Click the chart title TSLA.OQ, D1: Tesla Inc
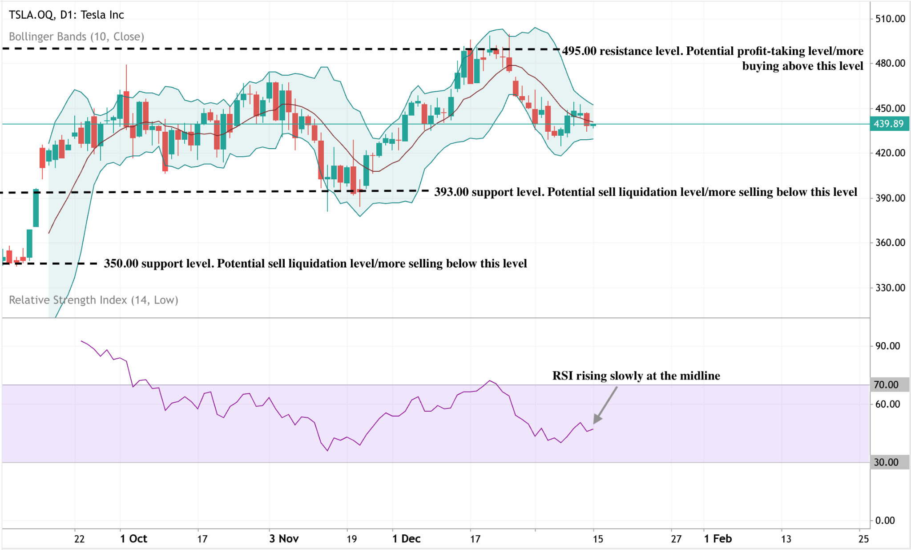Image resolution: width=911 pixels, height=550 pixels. pos(66,15)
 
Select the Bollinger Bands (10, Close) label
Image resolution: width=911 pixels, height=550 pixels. pos(77,36)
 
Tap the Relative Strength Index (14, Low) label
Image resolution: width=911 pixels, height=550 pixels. pos(93,300)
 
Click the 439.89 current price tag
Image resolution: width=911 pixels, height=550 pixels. pos(889,124)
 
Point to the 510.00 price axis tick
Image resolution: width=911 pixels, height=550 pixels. pos(890,19)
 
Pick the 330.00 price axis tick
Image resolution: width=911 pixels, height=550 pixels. pos(890,287)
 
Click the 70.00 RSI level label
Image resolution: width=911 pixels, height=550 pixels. pos(886,384)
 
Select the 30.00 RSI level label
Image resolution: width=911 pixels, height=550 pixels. pos(886,462)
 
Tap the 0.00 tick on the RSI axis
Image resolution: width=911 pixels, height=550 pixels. pos(885,520)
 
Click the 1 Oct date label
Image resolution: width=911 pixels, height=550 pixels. pos(133,539)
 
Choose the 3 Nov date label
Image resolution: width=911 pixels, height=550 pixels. pos(284,539)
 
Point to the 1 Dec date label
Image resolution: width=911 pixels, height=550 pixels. pos(407,539)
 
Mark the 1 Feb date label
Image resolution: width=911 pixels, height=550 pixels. pos(718,539)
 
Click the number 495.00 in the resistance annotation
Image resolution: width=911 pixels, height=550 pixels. pos(579,51)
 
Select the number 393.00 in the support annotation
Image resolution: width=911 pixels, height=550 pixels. pos(451,192)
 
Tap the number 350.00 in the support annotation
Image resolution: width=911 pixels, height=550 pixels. pos(121,263)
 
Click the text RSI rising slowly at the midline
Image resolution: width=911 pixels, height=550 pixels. pos(636,376)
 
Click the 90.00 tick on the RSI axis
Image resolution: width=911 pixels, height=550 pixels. pos(887,346)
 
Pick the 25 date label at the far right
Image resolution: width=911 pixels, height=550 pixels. pos(863,539)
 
